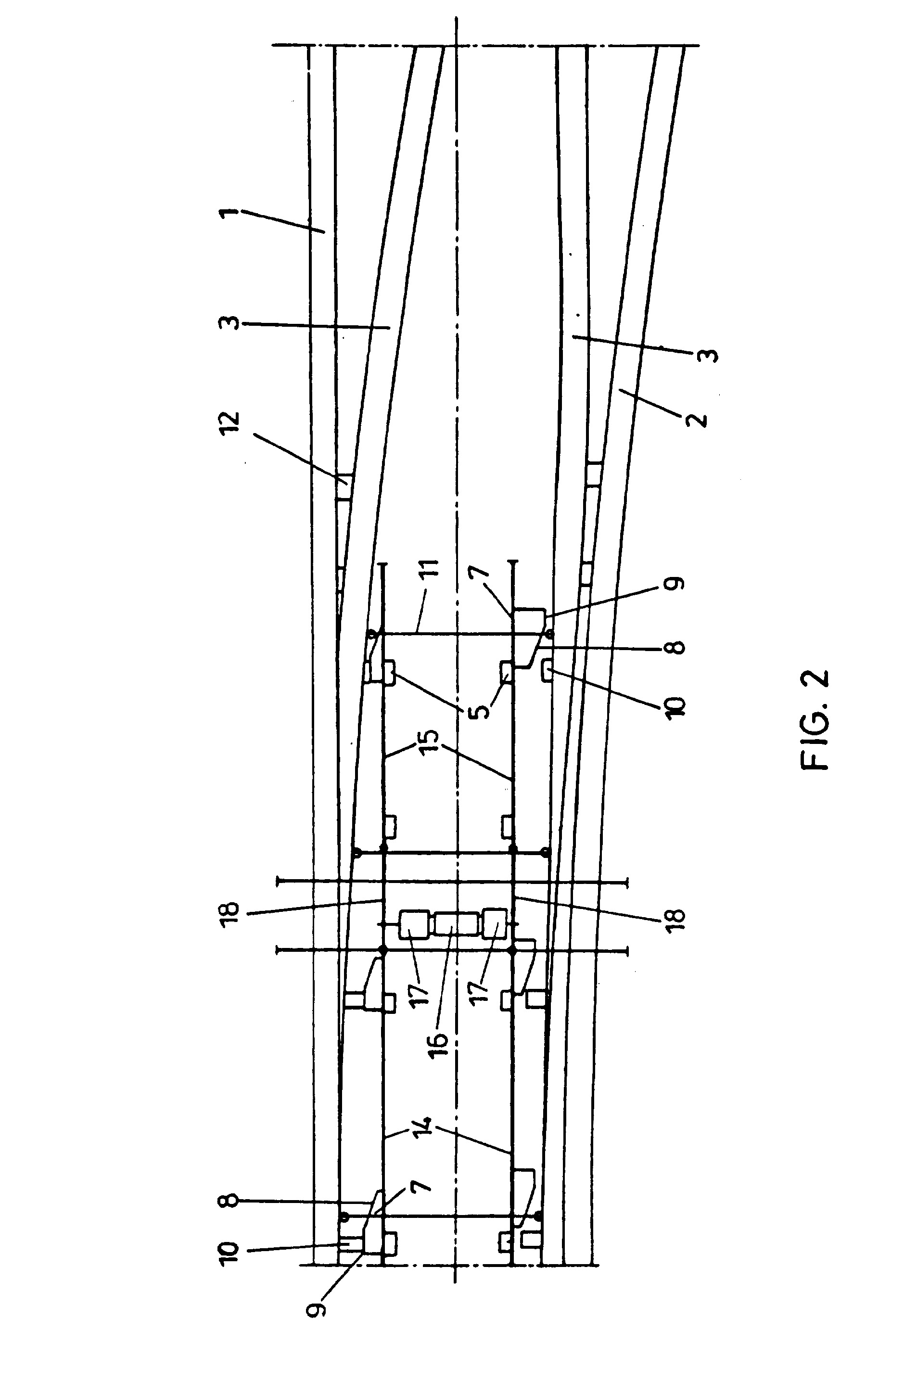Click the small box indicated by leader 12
(344, 486)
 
